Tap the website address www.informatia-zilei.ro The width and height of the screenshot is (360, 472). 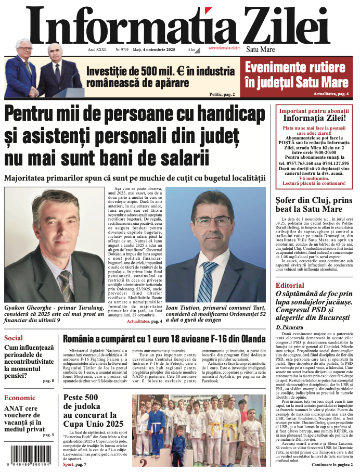click(224, 48)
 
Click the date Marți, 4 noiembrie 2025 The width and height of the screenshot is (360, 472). click(153, 49)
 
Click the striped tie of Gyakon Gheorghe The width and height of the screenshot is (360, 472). click(65, 282)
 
